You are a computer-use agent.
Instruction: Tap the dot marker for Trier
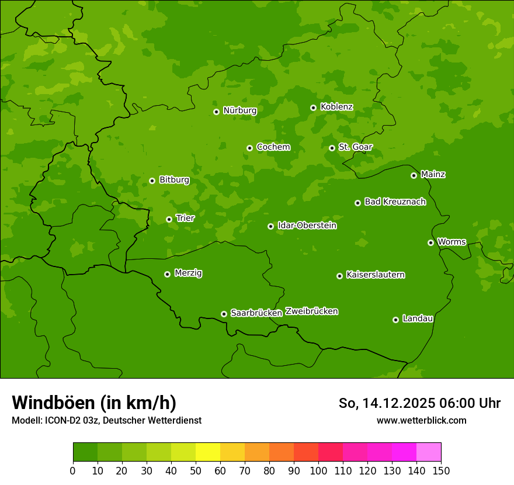tap(169, 219)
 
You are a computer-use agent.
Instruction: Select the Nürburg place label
tap(239, 110)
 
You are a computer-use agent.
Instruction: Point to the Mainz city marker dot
tap(414, 175)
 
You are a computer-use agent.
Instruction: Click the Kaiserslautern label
tap(375, 275)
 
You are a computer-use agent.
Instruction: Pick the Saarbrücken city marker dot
tap(224, 314)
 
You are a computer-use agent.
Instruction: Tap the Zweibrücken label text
tap(311, 311)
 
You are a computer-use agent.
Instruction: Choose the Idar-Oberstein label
tap(307, 226)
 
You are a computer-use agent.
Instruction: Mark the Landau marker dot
tap(395, 320)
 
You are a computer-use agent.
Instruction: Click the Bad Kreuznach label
tap(395, 202)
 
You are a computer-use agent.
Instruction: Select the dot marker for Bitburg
tap(152, 181)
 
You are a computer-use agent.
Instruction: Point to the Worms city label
tap(451, 241)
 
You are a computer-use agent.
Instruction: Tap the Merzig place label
tap(188, 273)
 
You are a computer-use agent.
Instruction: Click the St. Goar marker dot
tap(332, 148)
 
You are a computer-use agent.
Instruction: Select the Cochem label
tap(273, 147)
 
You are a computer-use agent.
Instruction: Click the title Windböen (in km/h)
tap(94, 403)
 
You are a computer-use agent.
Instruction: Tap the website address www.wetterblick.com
tap(421, 420)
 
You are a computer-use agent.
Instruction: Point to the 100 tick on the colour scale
tap(318, 470)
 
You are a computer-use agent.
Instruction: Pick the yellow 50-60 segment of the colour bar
tap(208, 452)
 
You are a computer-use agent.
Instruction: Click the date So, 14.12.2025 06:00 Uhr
tap(419, 403)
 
